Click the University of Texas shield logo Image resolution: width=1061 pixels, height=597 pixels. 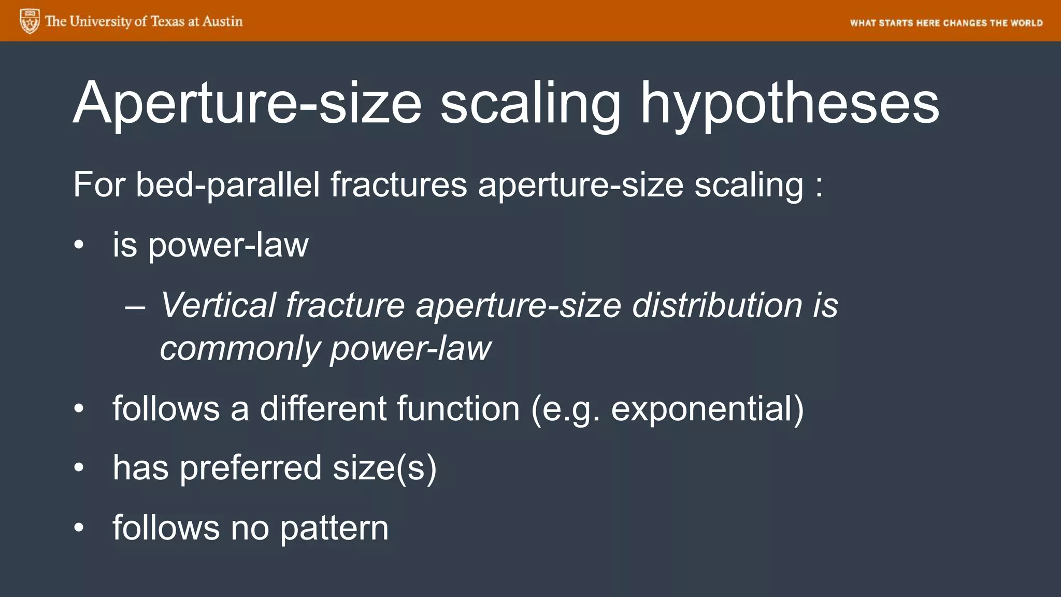pyautogui.click(x=30, y=21)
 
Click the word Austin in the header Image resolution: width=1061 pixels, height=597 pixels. pyautogui.click(x=222, y=21)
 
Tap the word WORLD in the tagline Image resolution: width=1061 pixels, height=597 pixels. pyautogui.click(x=1026, y=23)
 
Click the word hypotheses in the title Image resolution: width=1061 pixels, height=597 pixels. pyautogui.click(x=790, y=104)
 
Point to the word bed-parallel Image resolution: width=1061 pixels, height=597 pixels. pyautogui.click(x=227, y=184)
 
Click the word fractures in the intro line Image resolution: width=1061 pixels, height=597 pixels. pyautogui.click(x=398, y=184)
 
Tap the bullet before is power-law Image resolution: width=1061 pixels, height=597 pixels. pyautogui.click(x=78, y=246)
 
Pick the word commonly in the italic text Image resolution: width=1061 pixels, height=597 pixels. pyautogui.click(x=239, y=348)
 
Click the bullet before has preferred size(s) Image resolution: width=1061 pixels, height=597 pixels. pyautogui.click(x=78, y=468)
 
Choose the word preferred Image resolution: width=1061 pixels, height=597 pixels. pyautogui.click(x=251, y=468)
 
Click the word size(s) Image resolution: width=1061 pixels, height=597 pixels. pyautogui.click(x=384, y=468)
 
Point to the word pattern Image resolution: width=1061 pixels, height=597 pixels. pyautogui.click(x=334, y=528)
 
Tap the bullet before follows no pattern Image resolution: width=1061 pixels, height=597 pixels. pyautogui.click(x=78, y=528)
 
